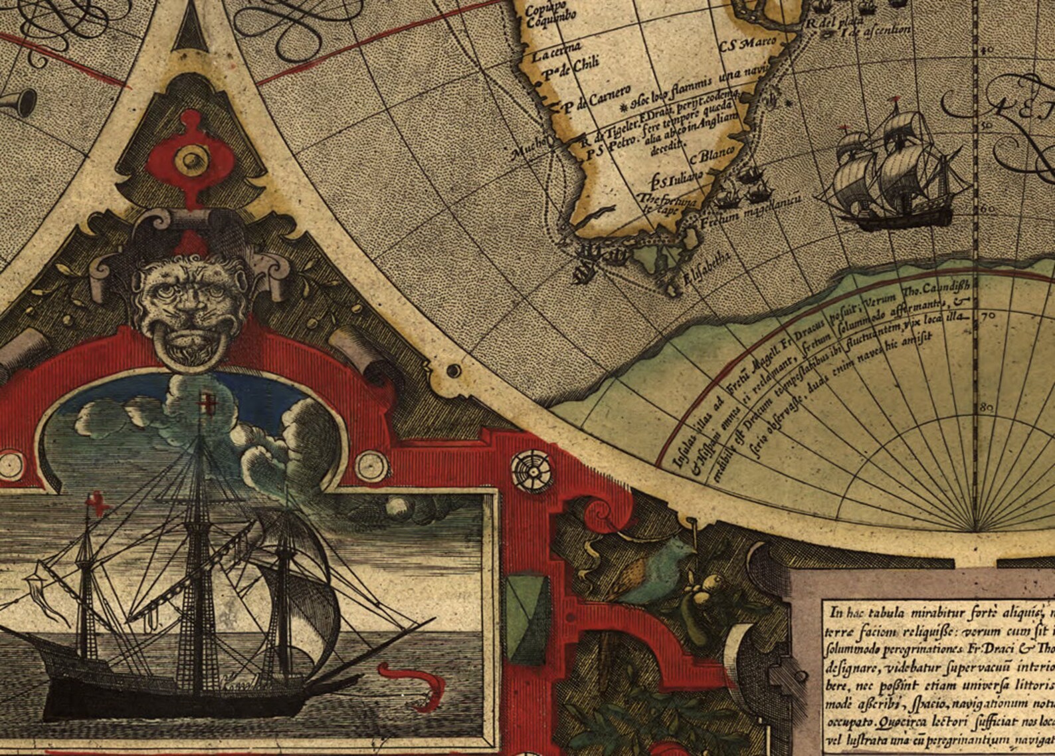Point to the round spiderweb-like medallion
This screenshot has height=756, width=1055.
[x=531, y=467]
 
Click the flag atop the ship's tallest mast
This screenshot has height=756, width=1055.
[x=207, y=402]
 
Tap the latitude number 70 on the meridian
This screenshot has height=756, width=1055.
[x=987, y=316]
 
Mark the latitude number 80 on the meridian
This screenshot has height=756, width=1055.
[x=987, y=408]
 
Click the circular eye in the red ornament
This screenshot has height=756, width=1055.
[x=192, y=159]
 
